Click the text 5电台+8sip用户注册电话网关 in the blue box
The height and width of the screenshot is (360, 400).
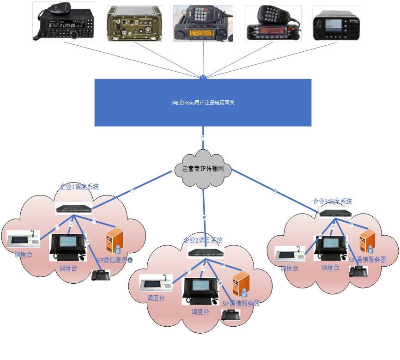pos(203,103)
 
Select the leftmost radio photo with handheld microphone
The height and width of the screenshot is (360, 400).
pos(64,22)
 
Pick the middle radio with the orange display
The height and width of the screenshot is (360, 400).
pos(202,23)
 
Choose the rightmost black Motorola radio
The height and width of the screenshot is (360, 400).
pos(336,24)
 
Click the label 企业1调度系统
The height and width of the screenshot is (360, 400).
pos(79,187)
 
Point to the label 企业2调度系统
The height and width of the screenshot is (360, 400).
pos(203,240)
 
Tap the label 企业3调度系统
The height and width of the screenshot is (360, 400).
pos(332,201)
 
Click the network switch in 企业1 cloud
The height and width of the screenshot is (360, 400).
pos(74,208)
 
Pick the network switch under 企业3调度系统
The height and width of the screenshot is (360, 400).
pos(335,213)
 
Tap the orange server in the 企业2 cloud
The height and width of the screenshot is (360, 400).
pos(241,284)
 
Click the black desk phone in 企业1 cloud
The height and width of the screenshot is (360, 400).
pos(101,275)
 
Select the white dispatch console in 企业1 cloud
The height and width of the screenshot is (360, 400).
pos(23,239)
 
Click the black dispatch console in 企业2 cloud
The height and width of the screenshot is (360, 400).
pos(200,292)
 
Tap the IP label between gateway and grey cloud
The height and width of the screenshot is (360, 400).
pos(203,138)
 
